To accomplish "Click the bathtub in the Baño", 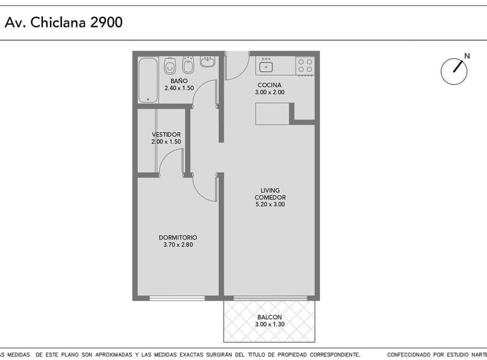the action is click(148, 80).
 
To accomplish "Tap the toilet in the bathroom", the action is click(169, 65).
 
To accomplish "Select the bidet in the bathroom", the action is click(188, 65).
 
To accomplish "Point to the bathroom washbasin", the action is click(208, 62).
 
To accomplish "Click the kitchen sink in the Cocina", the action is click(266, 66).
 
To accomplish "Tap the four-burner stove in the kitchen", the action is click(305, 65).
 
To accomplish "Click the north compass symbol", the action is click(453, 71).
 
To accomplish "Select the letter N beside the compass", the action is click(467, 56).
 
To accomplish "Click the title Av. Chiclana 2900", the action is click(64, 22).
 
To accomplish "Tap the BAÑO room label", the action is click(179, 81).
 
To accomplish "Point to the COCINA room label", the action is click(269, 85).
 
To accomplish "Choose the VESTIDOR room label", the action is click(166, 135).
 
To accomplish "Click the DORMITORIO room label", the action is click(178, 237).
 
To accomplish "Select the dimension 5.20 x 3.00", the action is click(270, 204).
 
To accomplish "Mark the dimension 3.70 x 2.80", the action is click(178, 245).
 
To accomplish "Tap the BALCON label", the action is click(269, 317).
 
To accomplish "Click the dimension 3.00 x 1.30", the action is click(269, 324).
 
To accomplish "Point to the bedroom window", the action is click(177, 298).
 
